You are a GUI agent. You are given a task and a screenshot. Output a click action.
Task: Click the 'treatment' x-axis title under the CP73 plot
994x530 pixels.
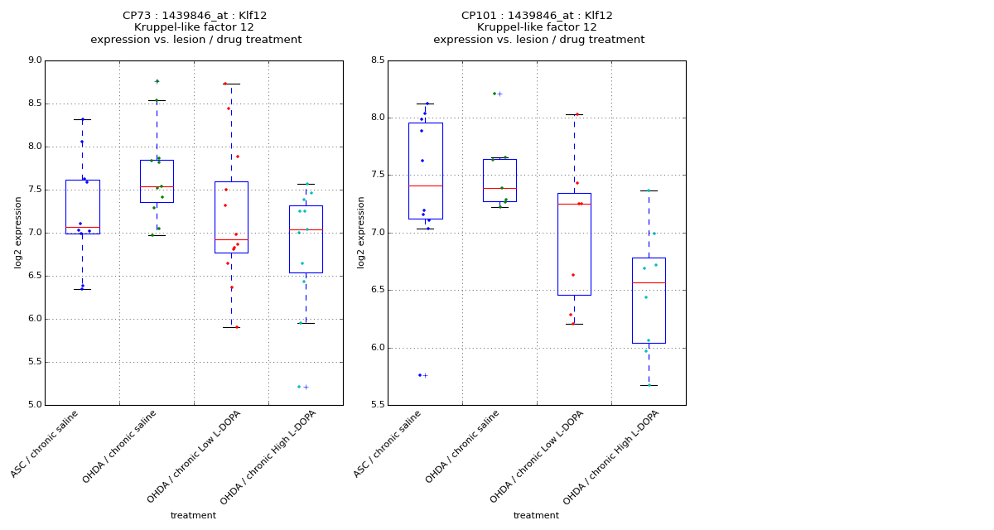[x=193, y=516]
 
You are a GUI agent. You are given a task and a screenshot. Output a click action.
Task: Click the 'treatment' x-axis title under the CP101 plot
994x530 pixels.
[x=536, y=516]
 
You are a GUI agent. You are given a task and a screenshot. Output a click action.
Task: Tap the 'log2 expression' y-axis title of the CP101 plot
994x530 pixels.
[x=361, y=232]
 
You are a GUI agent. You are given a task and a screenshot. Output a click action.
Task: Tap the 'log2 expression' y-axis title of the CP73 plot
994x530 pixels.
[x=18, y=232]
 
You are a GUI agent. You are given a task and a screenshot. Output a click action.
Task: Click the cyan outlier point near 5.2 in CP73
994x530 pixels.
[x=299, y=387]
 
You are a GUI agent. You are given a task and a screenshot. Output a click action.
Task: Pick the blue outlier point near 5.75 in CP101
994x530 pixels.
[x=419, y=375]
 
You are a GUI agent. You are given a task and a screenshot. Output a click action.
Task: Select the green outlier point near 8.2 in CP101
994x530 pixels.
[x=495, y=94]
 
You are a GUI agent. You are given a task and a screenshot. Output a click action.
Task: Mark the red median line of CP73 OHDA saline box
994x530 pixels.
[x=157, y=186]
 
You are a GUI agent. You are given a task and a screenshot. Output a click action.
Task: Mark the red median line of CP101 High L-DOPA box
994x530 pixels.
[x=649, y=282]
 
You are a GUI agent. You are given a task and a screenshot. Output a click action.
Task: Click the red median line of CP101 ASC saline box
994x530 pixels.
[x=425, y=185]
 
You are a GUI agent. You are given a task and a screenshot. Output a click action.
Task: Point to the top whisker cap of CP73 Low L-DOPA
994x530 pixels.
[x=231, y=84]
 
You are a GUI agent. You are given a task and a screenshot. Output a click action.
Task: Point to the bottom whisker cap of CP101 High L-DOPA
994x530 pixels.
[x=649, y=385]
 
